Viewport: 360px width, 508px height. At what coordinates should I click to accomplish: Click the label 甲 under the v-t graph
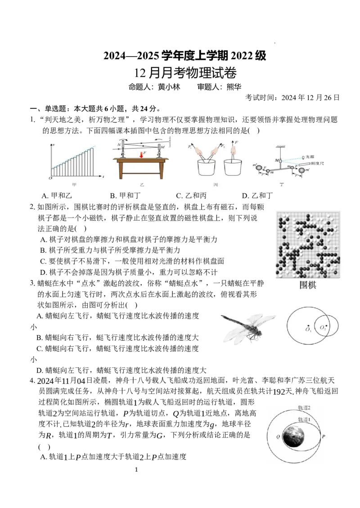click(74, 185)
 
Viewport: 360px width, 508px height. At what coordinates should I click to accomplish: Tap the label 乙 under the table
click(142, 185)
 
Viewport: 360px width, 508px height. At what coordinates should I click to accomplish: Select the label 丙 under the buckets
click(216, 185)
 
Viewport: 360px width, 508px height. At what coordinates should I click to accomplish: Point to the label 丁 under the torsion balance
click(282, 185)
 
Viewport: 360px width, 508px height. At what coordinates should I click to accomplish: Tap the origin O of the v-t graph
click(51, 178)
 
